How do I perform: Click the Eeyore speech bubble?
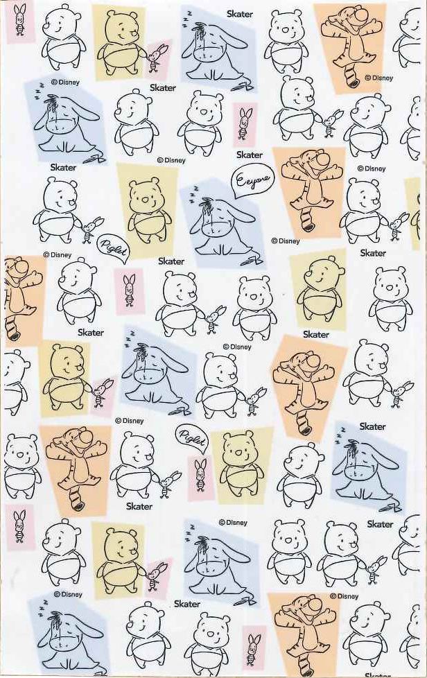[252, 179]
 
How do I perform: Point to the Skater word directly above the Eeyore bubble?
[250, 155]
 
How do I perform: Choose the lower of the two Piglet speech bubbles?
[191, 438]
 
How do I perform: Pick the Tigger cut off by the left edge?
[19, 298]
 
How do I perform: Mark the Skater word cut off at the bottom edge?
[378, 675]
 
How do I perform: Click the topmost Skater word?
[240, 14]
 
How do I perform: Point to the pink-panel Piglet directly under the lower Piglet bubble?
[200, 475]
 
